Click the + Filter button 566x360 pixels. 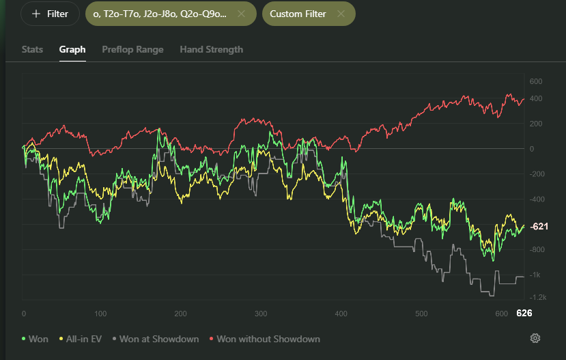pyautogui.click(x=50, y=14)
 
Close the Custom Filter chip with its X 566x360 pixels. pyautogui.click(x=341, y=14)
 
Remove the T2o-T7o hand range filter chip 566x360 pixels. pyautogui.click(x=241, y=14)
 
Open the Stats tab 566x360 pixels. pyautogui.click(x=32, y=49)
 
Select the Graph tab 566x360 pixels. pyautogui.click(x=72, y=49)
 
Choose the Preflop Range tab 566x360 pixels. pyautogui.click(x=132, y=49)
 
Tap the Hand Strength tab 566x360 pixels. pyautogui.click(x=211, y=49)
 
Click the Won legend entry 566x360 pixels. pyautogui.click(x=35, y=339)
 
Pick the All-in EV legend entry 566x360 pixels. pyautogui.click(x=81, y=339)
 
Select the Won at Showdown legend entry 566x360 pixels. pyautogui.click(x=156, y=339)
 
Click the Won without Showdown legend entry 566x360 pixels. pyautogui.click(x=265, y=339)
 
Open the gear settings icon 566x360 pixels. pyautogui.click(x=535, y=338)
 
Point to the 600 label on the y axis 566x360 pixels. pyautogui.click(x=536, y=81)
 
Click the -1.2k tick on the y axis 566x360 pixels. pyautogui.click(x=538, y=298)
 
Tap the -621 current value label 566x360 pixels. pyautogui.click(x=539, y=226)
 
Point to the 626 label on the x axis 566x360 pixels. pyautogui.click(x=524, y=313)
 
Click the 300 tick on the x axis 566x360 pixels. pyautogui.click(x=261, y=314)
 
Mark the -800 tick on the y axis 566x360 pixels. pyautogui.click(x=536, y=249)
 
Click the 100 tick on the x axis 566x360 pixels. pyautogui.click(x=100, y=314)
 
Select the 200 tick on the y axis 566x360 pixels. pyautogui.click(x=536, y=124)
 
